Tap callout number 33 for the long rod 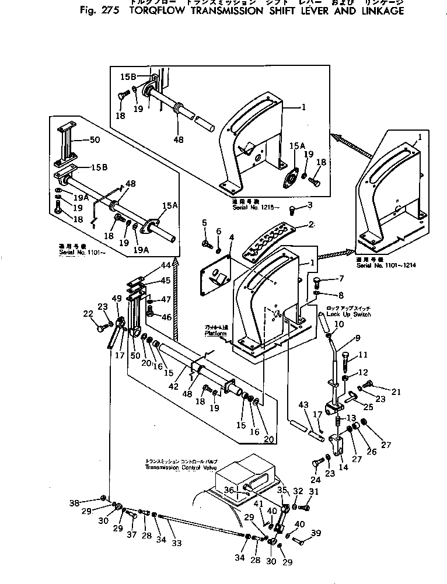[176, 543]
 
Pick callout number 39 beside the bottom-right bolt [316, 533]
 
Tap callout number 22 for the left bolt [89, 314]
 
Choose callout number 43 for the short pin [302, 405]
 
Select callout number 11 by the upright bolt [362, 355]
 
